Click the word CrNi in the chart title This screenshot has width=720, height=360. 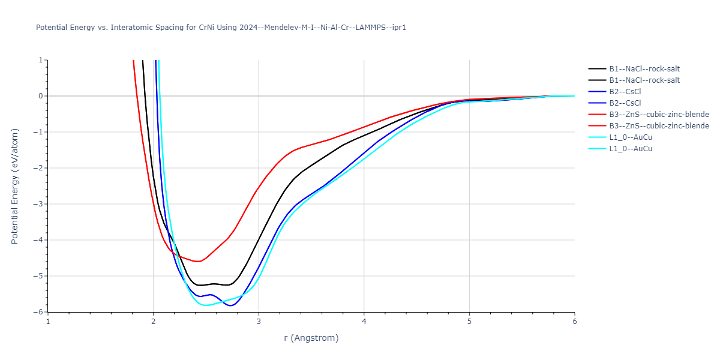pos(207,28)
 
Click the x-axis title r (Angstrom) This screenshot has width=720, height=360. pos(311,338)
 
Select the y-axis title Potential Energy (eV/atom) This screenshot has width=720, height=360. pos(15,186)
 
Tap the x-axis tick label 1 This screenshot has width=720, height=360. pos(48,321)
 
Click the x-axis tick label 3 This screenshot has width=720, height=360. pos(259,321)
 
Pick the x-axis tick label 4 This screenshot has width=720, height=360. pos(364,321)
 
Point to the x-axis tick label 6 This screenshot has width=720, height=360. pos(574,321)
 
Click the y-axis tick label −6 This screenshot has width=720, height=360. pos(39,312)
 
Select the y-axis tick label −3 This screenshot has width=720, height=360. pos(39,204)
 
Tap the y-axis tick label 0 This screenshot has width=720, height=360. pos(41,96)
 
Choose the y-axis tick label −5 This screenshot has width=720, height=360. pos(39,276)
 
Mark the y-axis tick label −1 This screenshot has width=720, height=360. pos(39,132)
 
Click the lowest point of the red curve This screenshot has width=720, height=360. pos(197,262)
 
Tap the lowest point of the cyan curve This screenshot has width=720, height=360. pos(206,305)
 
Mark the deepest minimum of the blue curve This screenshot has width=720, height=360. pos(230,305)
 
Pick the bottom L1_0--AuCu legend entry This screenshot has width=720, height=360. pos(630,149)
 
